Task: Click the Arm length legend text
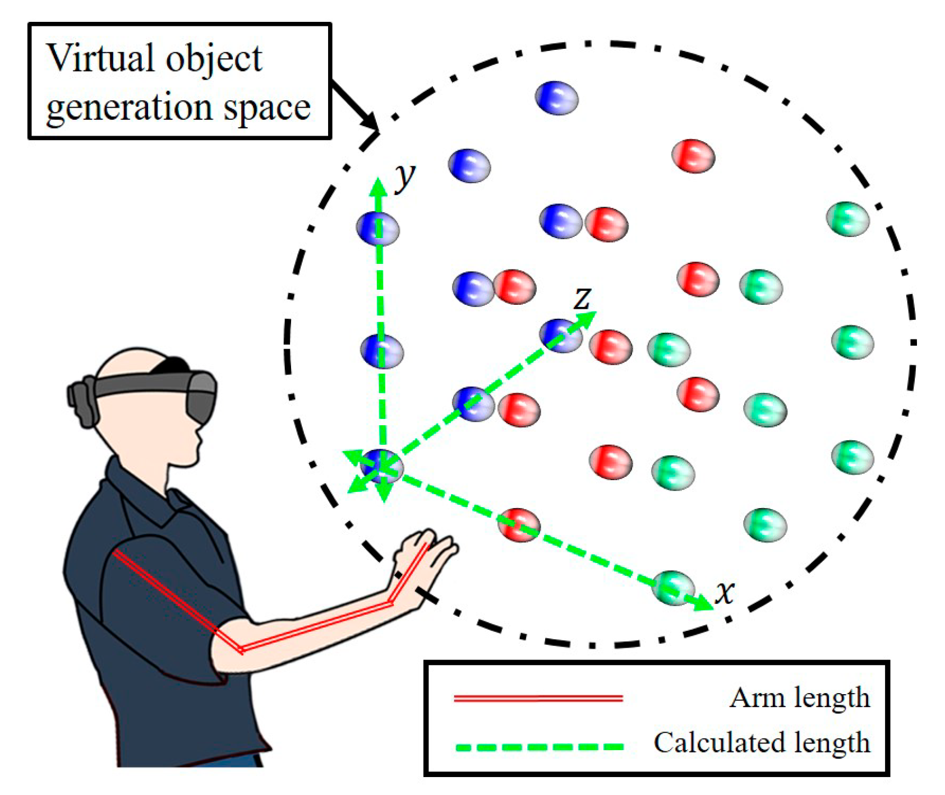799,698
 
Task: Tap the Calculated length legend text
762,743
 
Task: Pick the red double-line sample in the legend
538,699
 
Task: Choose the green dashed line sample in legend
539,747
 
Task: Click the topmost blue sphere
556,98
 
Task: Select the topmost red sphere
693,155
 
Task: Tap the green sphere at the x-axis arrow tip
673,588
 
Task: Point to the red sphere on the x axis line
519,525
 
